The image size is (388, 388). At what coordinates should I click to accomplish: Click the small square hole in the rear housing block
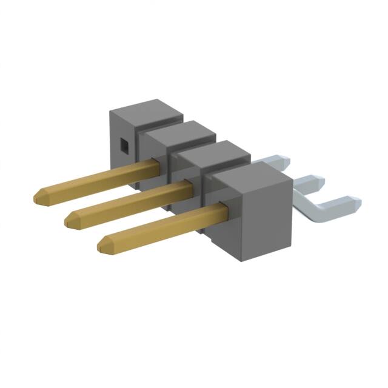[x=123, y=145]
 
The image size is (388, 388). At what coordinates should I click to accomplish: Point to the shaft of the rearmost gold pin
[x=91, y=179]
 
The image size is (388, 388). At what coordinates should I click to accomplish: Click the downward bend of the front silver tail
[x=306, y=206]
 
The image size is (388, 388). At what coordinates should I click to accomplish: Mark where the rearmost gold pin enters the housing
[x=157, y=162]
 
